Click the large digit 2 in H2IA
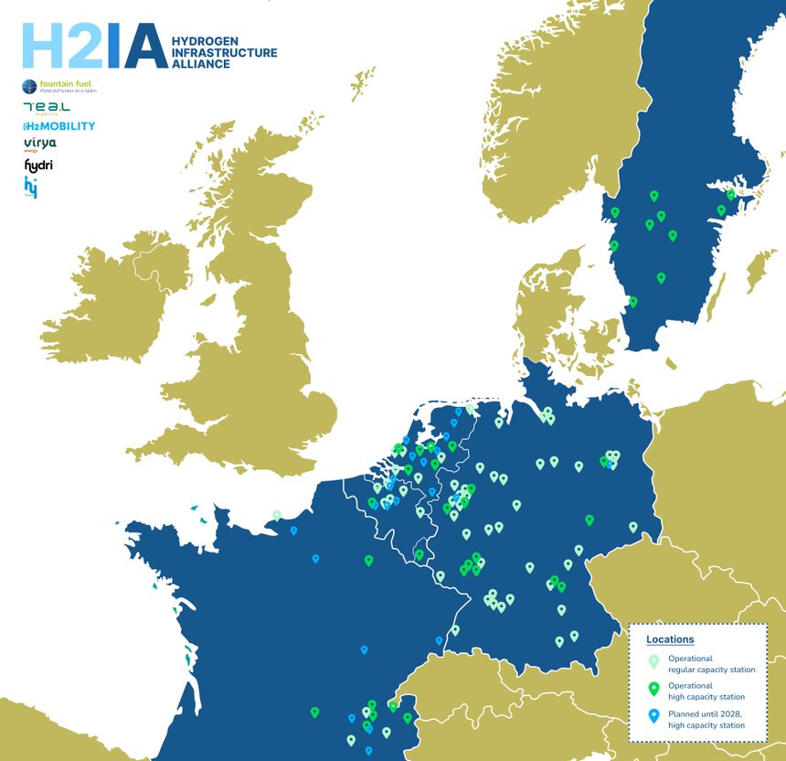click(x=84, y=46)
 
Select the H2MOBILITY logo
click(x=58, y=125)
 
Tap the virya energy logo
click(x=39, y=144)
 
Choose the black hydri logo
click(x=37, y=166)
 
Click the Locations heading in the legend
click(x=670, y=639)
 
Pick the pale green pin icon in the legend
click(x=653, y=662)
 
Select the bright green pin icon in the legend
click(x=653, y=690)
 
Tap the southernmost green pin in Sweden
click(x=632, y=301)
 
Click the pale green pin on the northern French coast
click(x=277, y=515)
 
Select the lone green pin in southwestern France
click(x=314, y=712)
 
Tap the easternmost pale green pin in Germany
click(x=632, y=527)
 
